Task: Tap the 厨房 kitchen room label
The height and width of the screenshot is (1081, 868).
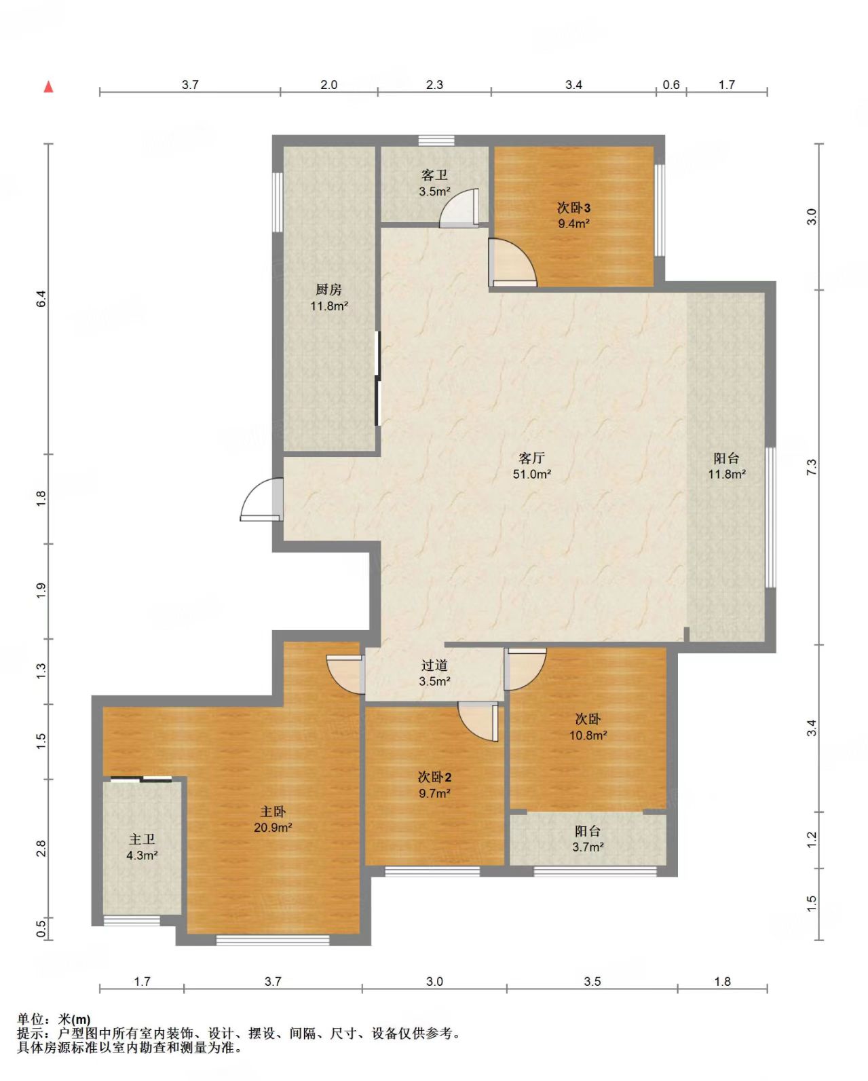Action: point(329,289)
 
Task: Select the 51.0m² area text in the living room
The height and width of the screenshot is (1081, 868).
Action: point(532,474)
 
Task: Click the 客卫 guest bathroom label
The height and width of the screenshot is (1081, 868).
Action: point(434,175)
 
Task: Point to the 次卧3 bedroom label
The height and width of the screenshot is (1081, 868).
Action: point(573,208)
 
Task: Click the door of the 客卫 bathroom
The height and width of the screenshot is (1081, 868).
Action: point(459,208)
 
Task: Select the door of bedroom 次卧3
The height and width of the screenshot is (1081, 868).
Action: point(512,262)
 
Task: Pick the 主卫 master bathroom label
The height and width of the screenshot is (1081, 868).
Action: point(142,839)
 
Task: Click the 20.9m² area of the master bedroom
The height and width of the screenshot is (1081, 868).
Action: point(273,827)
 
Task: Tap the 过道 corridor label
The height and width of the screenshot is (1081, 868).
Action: point(434,665)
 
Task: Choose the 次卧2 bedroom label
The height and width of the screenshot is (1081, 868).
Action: point(434,777)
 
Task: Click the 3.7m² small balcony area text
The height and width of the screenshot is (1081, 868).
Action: point(588,847)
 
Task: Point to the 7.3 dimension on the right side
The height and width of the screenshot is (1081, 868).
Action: point(811,467)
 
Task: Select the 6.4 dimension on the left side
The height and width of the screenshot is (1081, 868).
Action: point(41,299)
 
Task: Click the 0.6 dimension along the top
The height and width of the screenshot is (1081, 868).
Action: point(671,84)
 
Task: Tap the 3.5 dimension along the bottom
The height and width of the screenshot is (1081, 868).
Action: point(592,981)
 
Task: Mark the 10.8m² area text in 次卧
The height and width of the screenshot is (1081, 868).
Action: point(588,735)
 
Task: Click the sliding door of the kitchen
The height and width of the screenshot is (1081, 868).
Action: point(378,378)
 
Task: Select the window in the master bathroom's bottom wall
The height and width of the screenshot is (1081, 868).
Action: point(132,920)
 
